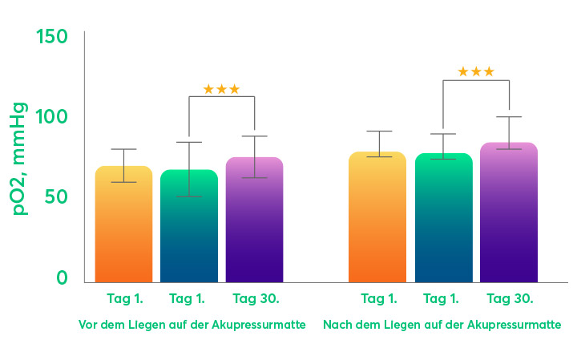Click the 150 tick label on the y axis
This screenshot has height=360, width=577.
click(x=51, y=36)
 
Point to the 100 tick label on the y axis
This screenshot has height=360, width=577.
click(x=51, y=117)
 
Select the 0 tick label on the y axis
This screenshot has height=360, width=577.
click(x=63, y=277)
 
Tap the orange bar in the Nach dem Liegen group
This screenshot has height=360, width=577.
click(x=377, y=217)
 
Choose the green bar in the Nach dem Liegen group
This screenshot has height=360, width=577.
click(x=443, y=218)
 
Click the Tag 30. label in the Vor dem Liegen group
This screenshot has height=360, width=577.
click(x=256, y=299)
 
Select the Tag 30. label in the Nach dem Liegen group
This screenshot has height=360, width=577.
click(x=510, y=299)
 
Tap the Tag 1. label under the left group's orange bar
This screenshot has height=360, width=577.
click(x=125, y=299)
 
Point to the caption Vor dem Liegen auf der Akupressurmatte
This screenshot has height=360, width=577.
click(x=192, y=326)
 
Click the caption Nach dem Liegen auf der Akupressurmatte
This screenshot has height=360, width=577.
click(x=442, y=326)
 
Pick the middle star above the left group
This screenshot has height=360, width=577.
click(x=221, y=89)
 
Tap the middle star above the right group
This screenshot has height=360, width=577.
click(x=476, y=72)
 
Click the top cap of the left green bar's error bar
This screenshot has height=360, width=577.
click(x=189, y=142)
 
